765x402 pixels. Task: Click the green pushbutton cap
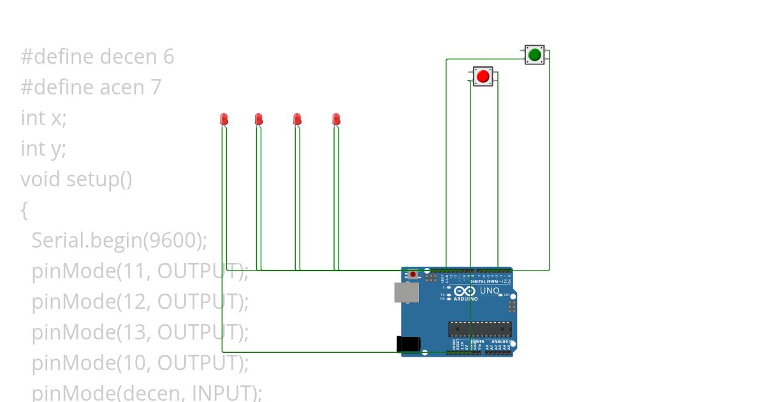pyautogui.click(x=534, y=55)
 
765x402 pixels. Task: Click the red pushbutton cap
pyautogui.click(x=483, y=77)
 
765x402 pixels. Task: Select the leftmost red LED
pyautogui.click(x=224, y=119)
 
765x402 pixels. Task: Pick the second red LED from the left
pyautogui.click(x=258, y=119)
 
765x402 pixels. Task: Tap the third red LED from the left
pyautogui.click(x=297, y=119)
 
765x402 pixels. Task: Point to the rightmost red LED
pyautogui.click(x=336, y=119)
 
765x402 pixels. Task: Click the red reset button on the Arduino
pyautogui.click(x=413, y=274)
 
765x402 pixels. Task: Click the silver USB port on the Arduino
pyautogui.click(x=406, y=292)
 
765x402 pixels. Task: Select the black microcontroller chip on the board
pyautogui.click(x=479, y=329)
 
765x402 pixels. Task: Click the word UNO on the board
pyautogui.click(x=490, y=291)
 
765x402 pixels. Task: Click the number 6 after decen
pyautogui.click(x=168, y=57)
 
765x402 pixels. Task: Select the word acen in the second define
pyautogui.click(x=122, y=87)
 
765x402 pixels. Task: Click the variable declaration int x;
pyautogui.click(x=43, y=118)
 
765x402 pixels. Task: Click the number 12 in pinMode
pyautogui.click(x=135, y=302)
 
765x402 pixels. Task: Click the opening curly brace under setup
pyautogui.click(x=24, y=210)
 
